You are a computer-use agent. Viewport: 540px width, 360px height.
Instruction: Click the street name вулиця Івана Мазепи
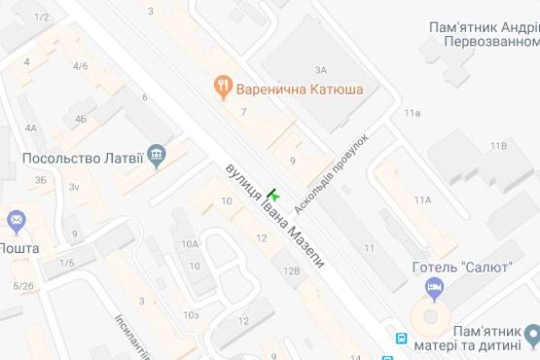pos(272,217)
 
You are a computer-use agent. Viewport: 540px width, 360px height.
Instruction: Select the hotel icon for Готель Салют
pos(435,287)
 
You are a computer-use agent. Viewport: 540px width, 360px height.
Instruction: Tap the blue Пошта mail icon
pos(15,221)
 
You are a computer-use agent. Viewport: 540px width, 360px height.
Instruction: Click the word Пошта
pos(19,248)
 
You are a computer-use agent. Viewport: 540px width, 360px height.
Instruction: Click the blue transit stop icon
pos(401,339)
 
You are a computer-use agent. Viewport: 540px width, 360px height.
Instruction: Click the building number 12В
pos(291,271)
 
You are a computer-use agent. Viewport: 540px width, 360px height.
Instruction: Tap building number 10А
pos(189,244)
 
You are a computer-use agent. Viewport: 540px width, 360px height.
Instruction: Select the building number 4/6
pos(81,66)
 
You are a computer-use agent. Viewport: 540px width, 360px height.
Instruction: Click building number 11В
pos(498,146)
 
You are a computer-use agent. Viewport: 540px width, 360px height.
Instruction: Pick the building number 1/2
pos(41,18)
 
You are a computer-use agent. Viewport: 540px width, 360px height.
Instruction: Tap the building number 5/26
pos(23,285)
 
